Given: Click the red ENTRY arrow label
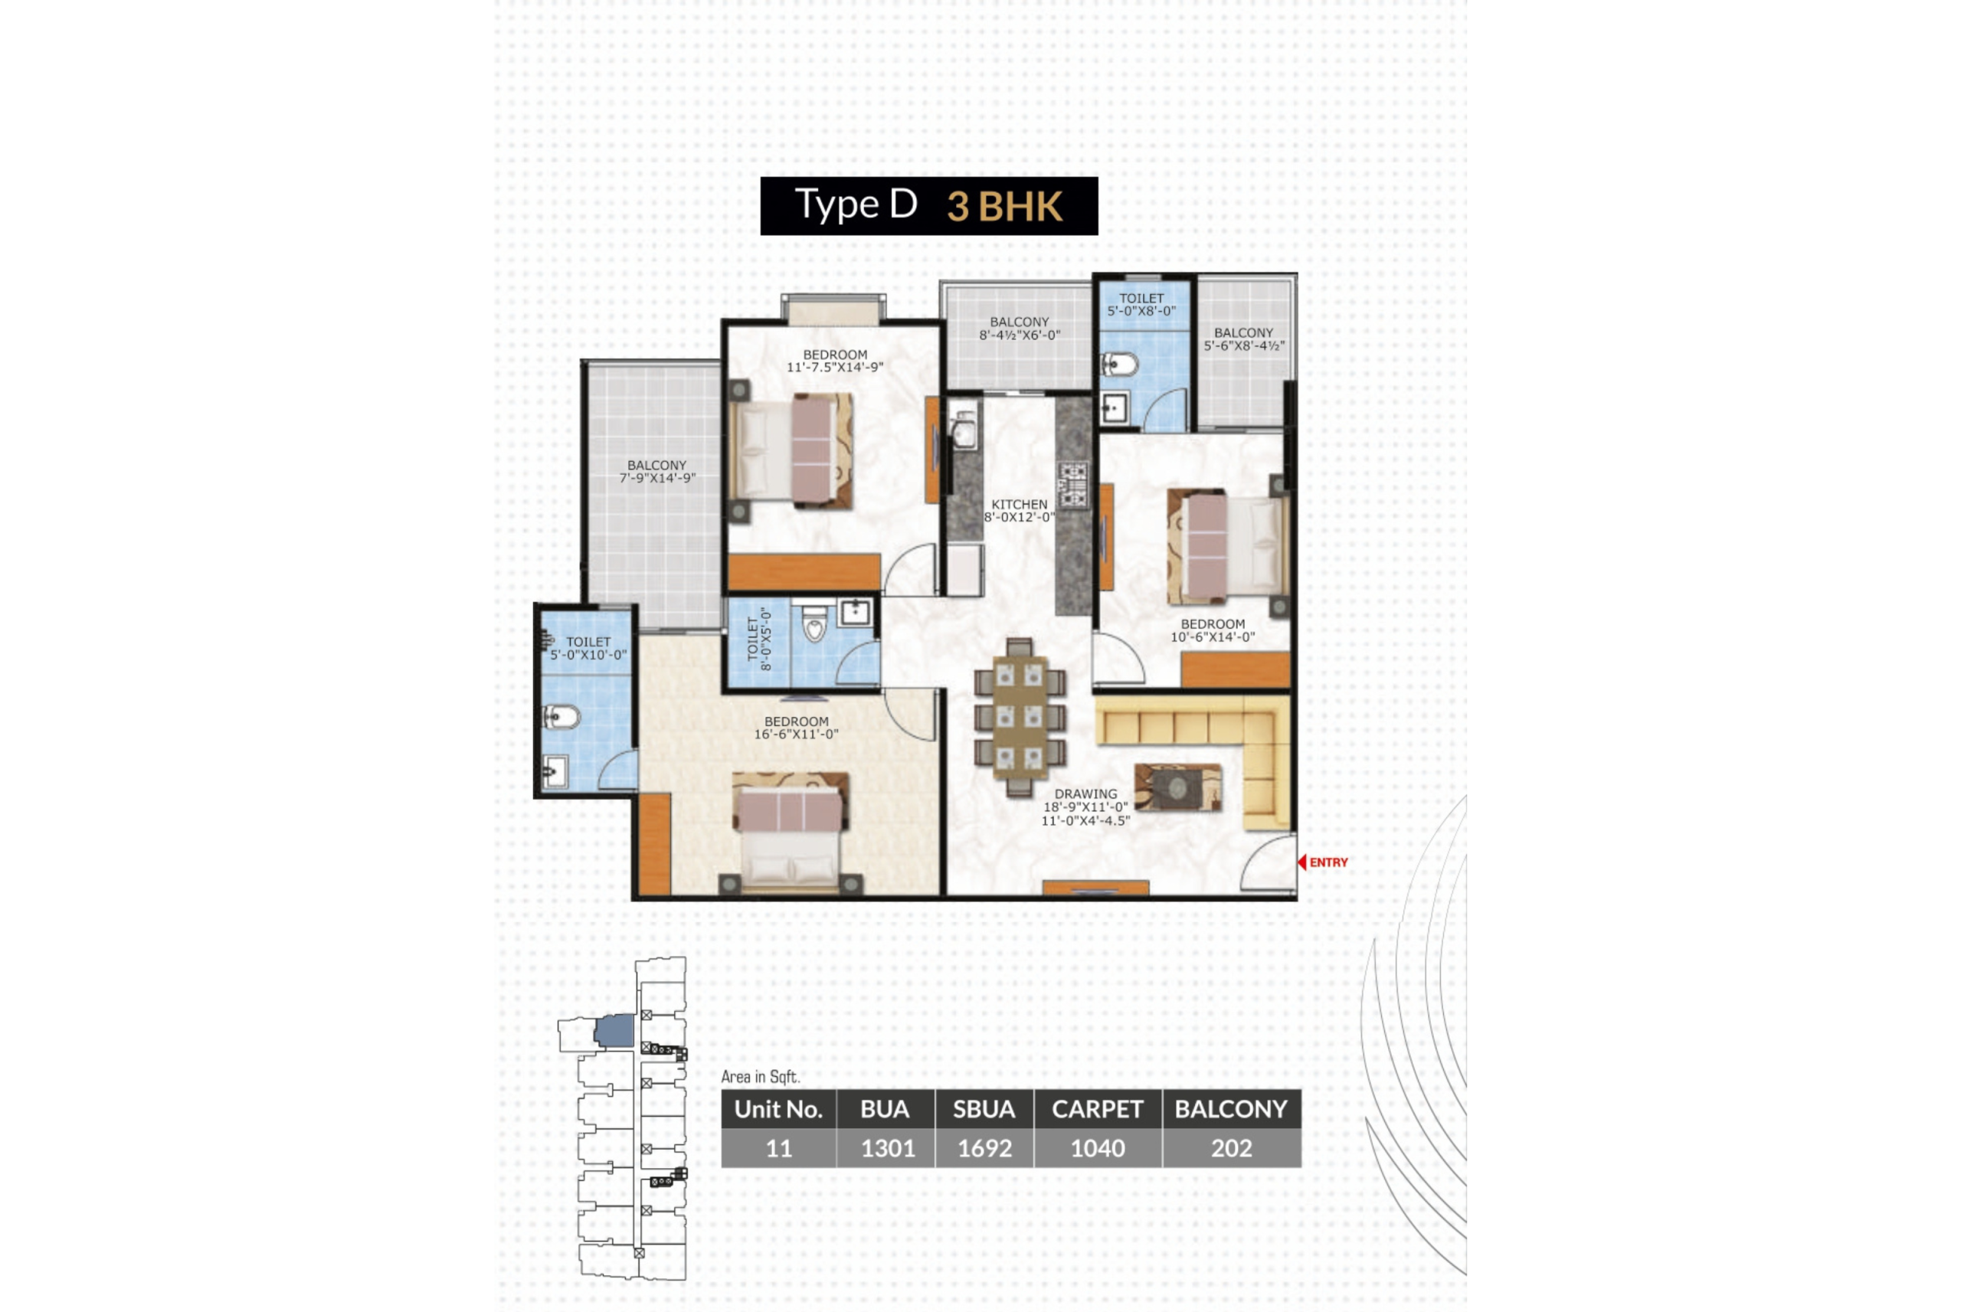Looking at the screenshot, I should [1324, 862].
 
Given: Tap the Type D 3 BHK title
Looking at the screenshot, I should [928, 206].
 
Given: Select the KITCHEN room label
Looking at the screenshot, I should [1019, 510].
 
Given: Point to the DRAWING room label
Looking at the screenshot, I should [1085, 807].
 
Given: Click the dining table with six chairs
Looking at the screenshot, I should [1020, 717].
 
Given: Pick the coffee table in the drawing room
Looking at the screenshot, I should [1177, 787].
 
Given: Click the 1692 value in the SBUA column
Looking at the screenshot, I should [984, 1148].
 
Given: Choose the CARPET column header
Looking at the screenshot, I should [1097, 1109].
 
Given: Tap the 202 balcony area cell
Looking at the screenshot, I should [1231, 1148].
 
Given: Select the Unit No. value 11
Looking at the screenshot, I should [779, 1148].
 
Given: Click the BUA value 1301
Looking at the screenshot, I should [888, 1148].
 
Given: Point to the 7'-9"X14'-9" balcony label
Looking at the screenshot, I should [656, 472].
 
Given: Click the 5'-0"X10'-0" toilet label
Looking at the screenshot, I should [588, 649].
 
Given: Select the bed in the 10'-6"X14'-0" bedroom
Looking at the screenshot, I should [1226, 545].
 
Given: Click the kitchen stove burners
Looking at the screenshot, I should [1073, 486].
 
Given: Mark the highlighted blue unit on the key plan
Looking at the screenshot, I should [615, 1030].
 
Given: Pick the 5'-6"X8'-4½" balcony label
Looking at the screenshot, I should [1243, 339].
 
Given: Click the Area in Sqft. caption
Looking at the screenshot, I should [761, 1077].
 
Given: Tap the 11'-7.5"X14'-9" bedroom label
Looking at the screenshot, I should [835, 361].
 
